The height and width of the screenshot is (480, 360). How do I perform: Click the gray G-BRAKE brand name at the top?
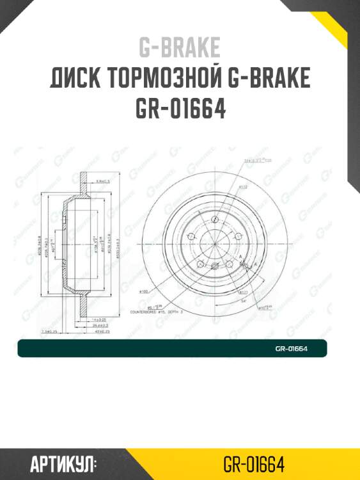(x=180, y=47)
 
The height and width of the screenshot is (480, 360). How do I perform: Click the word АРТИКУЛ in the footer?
(x=63, y=463)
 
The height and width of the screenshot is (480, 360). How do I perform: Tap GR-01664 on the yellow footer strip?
(x=254, y=463)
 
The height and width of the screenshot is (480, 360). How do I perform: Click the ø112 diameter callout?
(x=226, y=187)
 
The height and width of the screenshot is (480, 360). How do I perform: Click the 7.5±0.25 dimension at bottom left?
(x=49, y=332)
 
